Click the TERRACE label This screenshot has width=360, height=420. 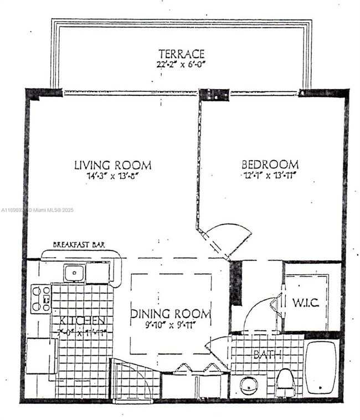(181, 54)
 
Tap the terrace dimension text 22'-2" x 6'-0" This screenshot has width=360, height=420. (181, 64)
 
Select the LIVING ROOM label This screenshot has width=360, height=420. (113, 165)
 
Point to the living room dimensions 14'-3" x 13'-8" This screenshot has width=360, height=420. (113, 176)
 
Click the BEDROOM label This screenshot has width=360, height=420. (270, 165)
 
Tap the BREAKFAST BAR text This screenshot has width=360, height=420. (79, 244)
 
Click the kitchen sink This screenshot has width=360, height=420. (73, 272)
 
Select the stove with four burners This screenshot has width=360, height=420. (40, 299)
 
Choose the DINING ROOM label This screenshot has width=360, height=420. (171, 314)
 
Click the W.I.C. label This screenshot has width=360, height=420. (305, 304)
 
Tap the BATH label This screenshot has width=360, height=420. (268, 354)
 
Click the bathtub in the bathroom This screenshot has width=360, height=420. (321, 368)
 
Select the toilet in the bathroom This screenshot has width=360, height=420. (285, 382)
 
